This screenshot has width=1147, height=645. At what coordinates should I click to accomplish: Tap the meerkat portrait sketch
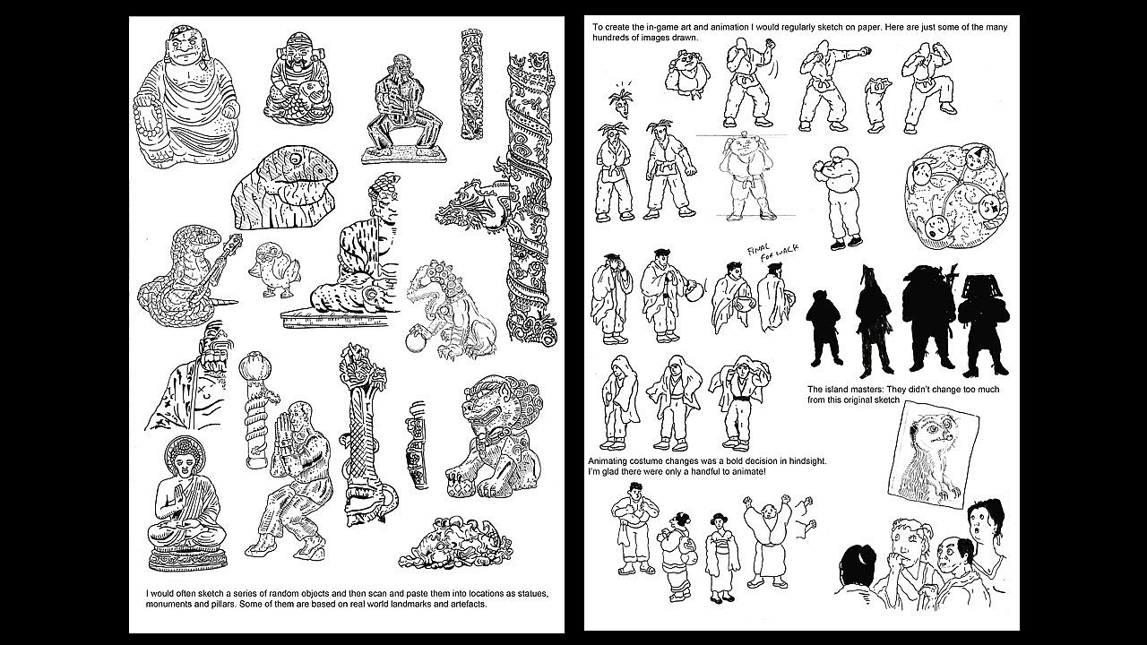(x=933, y=454)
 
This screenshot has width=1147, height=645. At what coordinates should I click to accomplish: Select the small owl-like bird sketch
(x=273, y=270)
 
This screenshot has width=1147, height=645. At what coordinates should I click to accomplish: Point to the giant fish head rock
(x=284, y=187)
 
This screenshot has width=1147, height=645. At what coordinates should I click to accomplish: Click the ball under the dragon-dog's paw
(x=415, y=342)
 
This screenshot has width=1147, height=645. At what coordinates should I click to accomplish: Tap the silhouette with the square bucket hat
(x=983, y=325)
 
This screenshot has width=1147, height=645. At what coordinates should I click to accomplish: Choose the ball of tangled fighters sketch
(x=955, y=196)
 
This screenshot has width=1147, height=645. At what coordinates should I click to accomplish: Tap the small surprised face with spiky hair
(x=621, y=101)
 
